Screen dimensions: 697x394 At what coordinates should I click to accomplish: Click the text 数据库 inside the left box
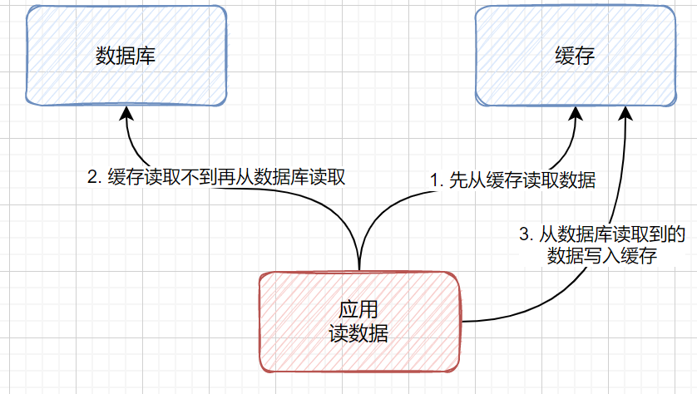pyautogui.click(x=126, y=56)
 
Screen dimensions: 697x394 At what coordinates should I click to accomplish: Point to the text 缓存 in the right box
pyautogui.click(x=575, y=56)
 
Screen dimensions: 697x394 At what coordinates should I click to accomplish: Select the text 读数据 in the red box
pyautogui.click(x=359, y=333)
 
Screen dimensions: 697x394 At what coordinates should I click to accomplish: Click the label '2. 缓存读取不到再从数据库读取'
pyautogui.click(x=216, y=177)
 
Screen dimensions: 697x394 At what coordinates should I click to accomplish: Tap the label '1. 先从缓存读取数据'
pyautogui.click(x=512, y=180)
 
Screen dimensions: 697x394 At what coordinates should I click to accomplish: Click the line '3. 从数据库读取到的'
pyautogui.click(x=601, y=235)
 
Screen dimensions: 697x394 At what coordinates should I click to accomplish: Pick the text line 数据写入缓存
pyautogui.click(x=603, y=256)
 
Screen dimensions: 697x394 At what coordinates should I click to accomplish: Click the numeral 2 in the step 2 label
pyautogui.click(x=92, y=177)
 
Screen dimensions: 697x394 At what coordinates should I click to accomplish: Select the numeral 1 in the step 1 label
pyautogui.click(x=433, y=180)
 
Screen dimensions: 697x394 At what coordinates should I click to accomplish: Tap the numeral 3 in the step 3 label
pyautogui.click(x=524, y=235)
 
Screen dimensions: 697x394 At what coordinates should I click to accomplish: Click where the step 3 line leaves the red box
pyautogui.click(x=462, y=321)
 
